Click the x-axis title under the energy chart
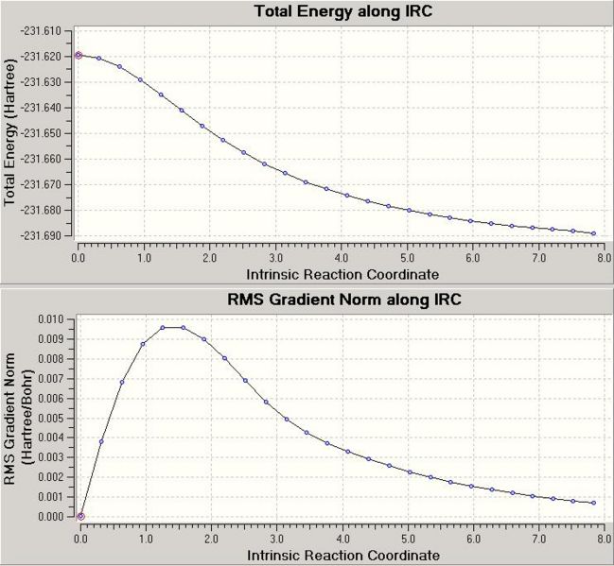click(342, 274)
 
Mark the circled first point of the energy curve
click(79, 56)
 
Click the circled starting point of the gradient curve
click(80, 516)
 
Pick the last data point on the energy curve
click(593, 232)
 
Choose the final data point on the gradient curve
click(593, 503)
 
